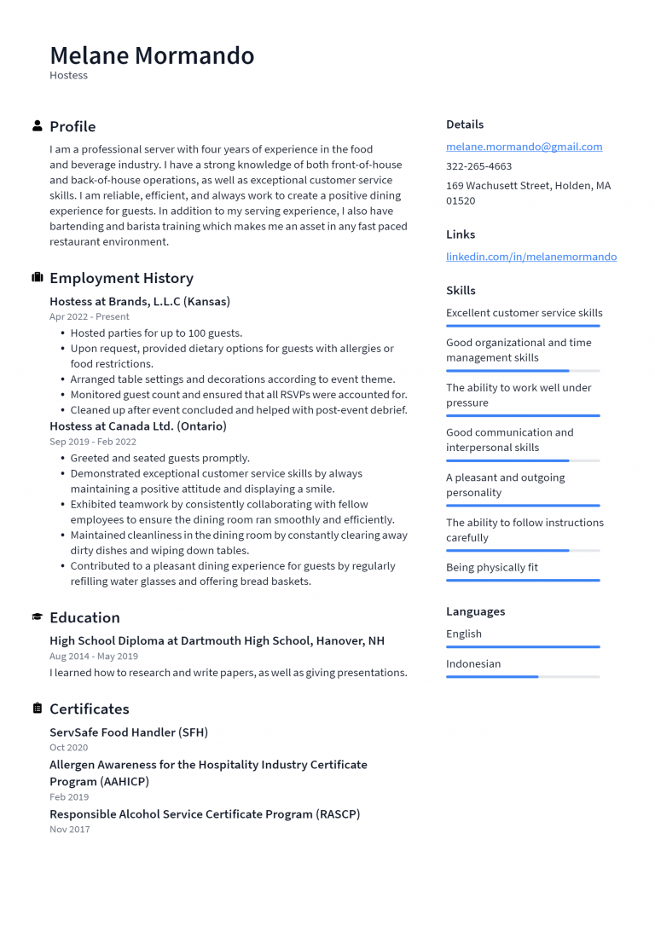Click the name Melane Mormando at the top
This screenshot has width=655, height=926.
(x=152, y=55)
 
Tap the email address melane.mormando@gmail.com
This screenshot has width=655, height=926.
(x=524, y=147)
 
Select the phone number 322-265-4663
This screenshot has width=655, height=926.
(x=478, y=166)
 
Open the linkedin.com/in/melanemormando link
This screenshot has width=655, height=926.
(x=530, y=257)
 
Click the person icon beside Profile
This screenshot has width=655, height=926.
(x=38, y=126)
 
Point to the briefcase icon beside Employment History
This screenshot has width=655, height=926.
(x=38, y=278)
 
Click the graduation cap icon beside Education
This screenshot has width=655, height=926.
(x=38, y=617)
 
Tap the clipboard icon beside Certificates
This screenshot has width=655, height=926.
(x=38, y=709)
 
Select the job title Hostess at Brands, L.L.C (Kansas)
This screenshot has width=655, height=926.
(x=140, y=301)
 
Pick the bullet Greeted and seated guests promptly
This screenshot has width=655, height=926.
(x=159, y=458)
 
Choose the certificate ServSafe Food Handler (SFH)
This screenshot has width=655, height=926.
(x=129, y=732)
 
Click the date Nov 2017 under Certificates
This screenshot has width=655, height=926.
(x=69, y=829)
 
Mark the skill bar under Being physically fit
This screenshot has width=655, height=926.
(x=523, y=581)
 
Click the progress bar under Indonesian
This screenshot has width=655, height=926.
(x=523, y=677)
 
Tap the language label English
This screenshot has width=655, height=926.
(x=463, y=634)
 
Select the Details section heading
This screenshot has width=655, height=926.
(x=465, y=124)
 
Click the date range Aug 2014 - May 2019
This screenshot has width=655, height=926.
(x=94, y=657)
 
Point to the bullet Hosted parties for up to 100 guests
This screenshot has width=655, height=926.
(x=156, y=333)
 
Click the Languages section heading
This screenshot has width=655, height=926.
(x=475, y=611)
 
